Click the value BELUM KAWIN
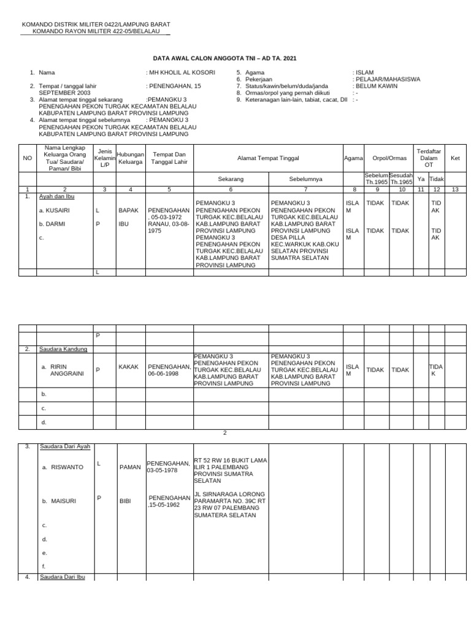click(x=377, y=86)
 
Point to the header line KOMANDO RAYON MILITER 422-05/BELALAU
click(x=96, y=31)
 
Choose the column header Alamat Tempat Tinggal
click(x=268, y=158)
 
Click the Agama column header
click(x=353, y=158)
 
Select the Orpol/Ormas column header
click(x=389, y=158)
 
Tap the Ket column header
click(x=455, y=158)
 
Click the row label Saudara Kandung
click(x=64, y=349)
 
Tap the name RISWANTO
click(x=67, y=467)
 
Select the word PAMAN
click(x=130, y=467)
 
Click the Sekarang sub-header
click(x=231, y=179)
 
